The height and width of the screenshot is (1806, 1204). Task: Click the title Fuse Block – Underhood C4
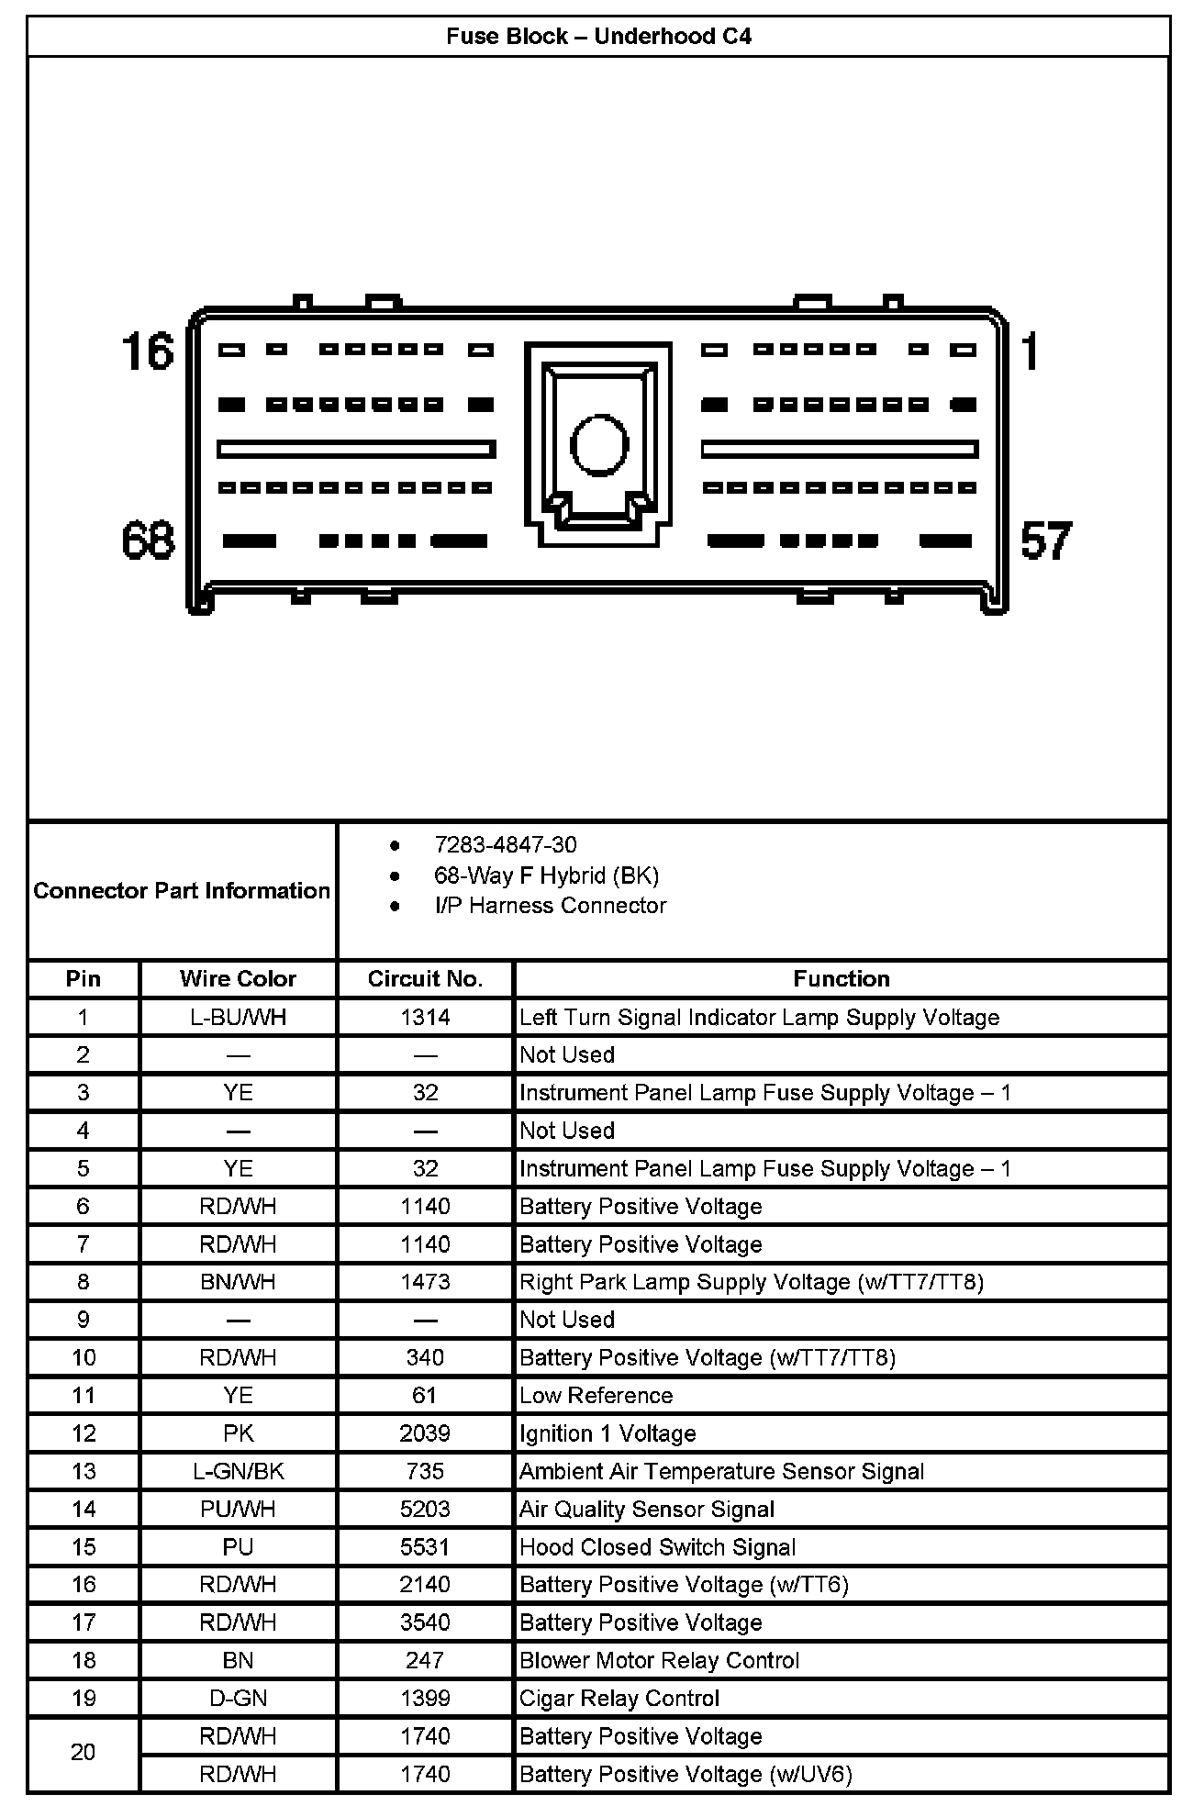(x=598, y=37)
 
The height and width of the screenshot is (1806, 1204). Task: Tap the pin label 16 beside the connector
(x=148, y=352)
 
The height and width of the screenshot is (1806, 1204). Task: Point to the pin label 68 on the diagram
(x=148, y=540)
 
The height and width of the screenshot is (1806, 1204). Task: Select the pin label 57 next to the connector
(x=1045, y=541)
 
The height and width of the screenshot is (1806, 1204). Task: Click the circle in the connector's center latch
(x=598, y=445)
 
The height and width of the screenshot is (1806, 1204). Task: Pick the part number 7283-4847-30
(x=506, y=845)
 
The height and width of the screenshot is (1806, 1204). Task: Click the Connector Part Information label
(x=182, y=891)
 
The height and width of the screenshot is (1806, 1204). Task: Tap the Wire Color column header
(x=238, y=979)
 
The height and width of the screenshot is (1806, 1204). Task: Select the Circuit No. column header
(x=425, y=979)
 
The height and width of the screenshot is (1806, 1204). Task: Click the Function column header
(x=841, y=979)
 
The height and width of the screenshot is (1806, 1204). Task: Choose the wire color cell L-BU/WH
(x=238, y=1018)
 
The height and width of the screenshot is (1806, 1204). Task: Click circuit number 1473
(x=425, y=1282)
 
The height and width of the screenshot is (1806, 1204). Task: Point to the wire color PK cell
(x=238, y=1433)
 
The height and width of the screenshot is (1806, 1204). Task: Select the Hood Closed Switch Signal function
(x=657, y=1547)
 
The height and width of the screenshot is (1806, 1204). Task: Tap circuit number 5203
(x=425, y=1510)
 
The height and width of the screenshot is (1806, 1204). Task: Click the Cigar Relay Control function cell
(x=619, y=1699)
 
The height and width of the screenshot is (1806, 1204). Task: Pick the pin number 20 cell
(x=83, y=1753)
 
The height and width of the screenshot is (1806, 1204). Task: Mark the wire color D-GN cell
(x=238, y=1699)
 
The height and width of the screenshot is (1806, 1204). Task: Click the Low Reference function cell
(x=596, y=1396)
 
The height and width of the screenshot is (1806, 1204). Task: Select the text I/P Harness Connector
(x=550, y=906)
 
